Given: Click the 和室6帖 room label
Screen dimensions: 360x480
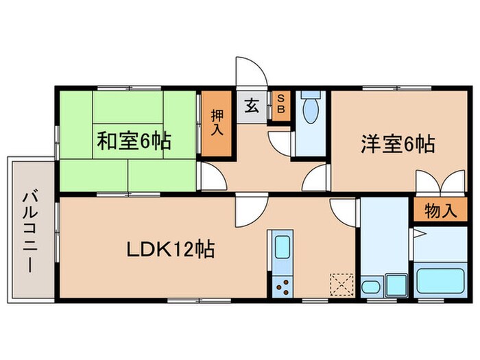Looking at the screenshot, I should [x=133, y=142].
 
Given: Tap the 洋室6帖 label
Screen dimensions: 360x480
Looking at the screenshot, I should [x=398, y=145].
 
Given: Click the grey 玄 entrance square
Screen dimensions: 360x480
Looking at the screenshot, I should [x=252, y=106].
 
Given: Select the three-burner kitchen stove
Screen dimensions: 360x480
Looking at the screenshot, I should [x=282, y=287].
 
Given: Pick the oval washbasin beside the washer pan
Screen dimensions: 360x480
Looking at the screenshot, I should [x=371, y=287].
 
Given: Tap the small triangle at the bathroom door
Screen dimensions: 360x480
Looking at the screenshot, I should [x=413, y=233].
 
